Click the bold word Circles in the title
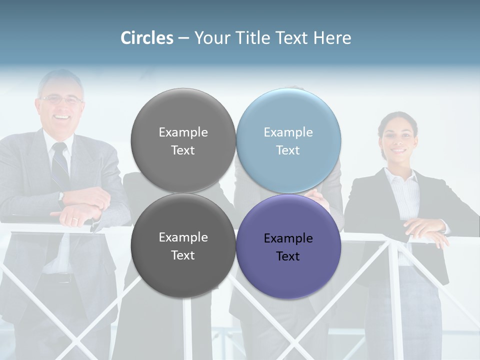(x=147, y=38)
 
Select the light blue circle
(x=288, y=140)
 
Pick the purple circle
(x=288, y=246)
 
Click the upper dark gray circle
(x=183, y=140)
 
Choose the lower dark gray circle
(x=183, y=245)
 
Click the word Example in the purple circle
(x=288, y=238)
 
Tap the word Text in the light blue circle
(x=288, y=150)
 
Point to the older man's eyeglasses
(x=61, y=100)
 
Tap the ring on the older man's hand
(x=75, y=220)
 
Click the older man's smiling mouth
(x=62, y=117)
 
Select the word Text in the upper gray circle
(x=183, y=150)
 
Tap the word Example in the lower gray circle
(x=183, y=237)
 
